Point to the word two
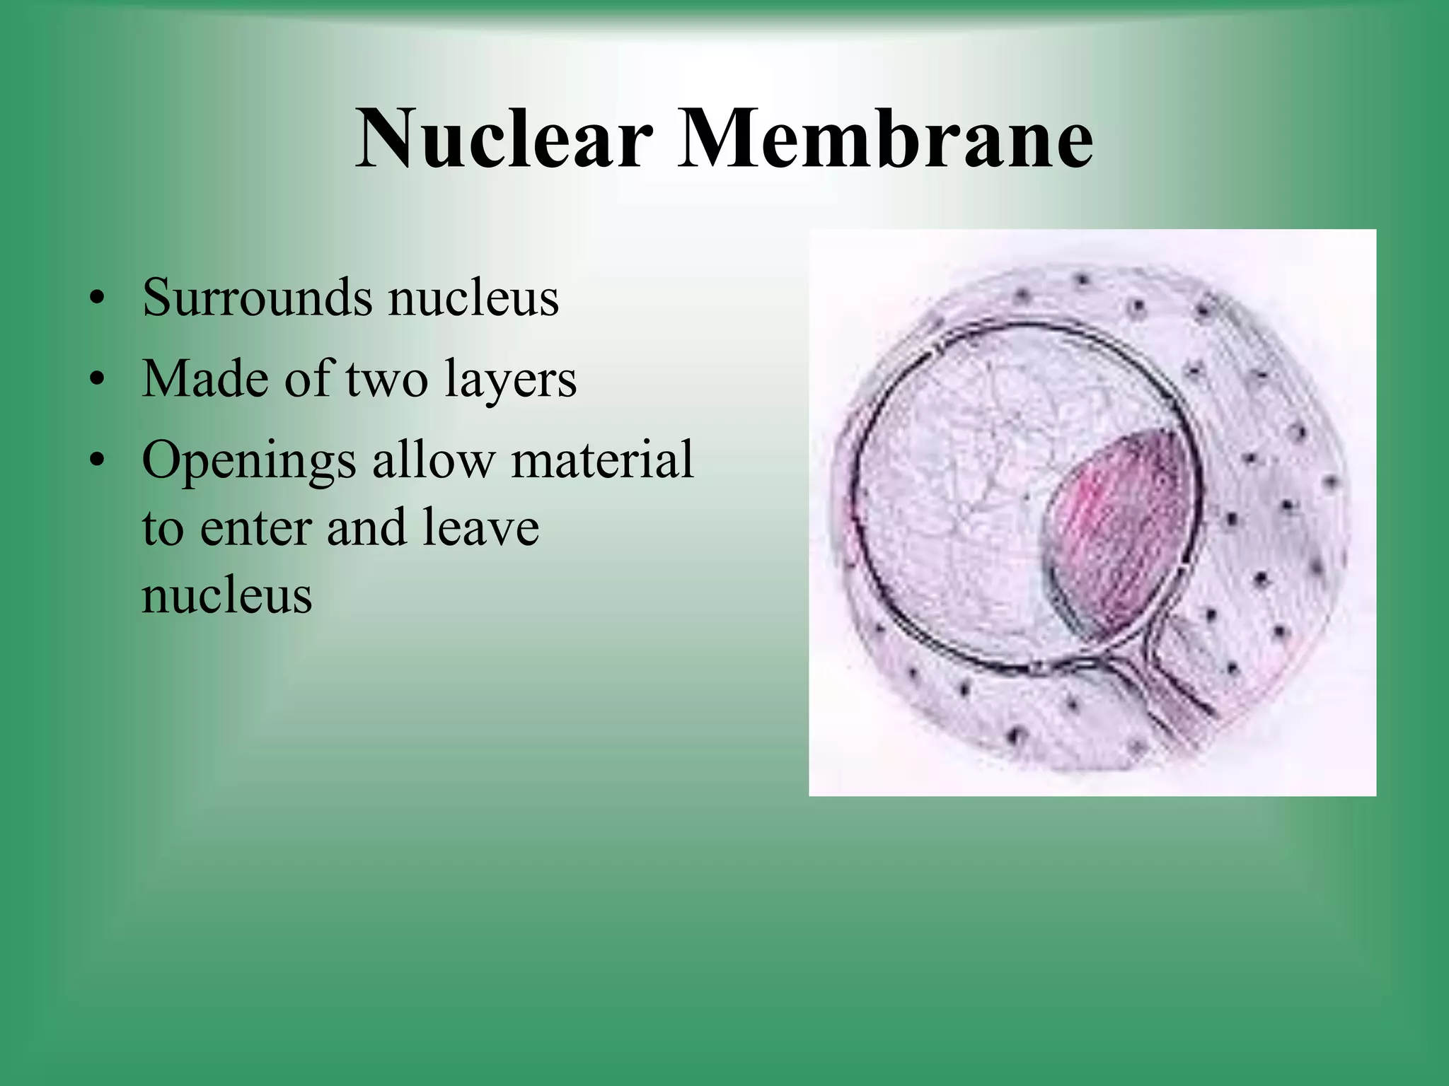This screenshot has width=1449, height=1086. [387, 380]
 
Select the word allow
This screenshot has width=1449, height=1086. [432, 460]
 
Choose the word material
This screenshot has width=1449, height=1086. [602, 460]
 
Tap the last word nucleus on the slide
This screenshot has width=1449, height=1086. [226, 595]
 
